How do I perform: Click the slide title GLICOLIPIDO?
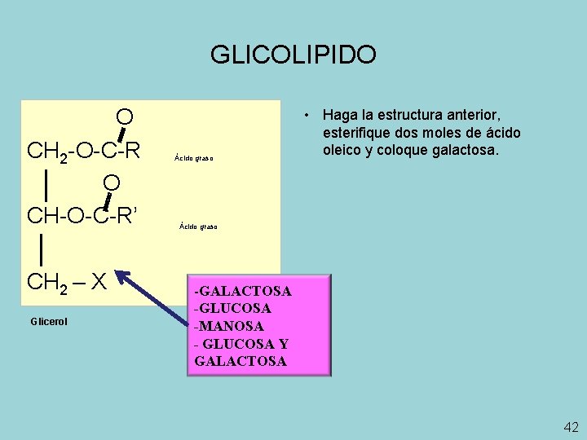[293, 55]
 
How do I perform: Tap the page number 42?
[571, 427]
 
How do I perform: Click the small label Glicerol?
[50, 322]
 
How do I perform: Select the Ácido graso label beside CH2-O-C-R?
[193, 158]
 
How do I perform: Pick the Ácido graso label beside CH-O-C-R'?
[198, 227]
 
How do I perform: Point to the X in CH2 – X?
[99, 282]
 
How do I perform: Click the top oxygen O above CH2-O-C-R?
[124, 117]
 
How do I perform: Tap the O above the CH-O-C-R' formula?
[112, 181]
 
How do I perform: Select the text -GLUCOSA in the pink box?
[233, 309]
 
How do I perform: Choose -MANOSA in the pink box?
[229, 326]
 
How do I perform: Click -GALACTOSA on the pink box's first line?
[243, 291]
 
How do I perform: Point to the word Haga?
[341, 115]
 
